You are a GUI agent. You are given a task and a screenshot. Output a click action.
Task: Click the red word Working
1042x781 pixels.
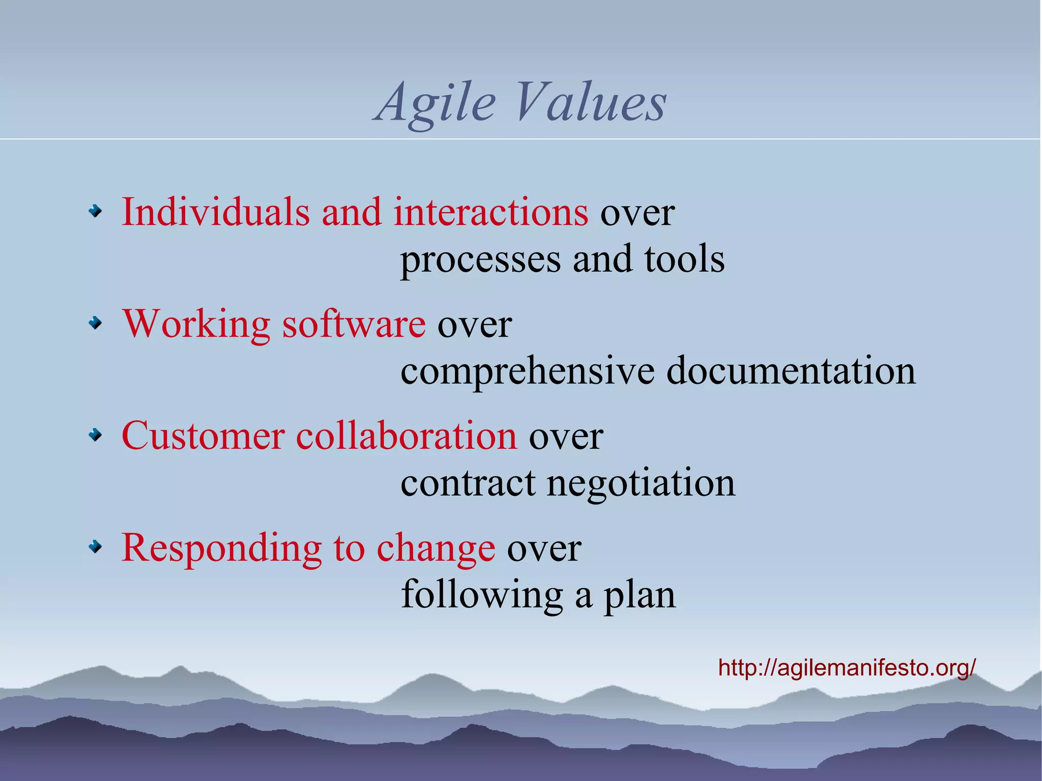[196, 324]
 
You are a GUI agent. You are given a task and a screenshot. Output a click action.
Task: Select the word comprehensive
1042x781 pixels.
[527, 372]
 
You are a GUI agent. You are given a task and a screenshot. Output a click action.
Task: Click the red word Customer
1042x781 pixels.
[203, 436]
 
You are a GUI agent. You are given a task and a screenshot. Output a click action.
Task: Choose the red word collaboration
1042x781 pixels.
[407, 436]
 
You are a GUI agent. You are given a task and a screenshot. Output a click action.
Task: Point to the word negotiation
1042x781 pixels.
[641, 483]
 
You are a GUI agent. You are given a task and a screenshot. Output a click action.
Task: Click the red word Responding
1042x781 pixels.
[221, 548]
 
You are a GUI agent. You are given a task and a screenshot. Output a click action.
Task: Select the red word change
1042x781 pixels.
[436, 548]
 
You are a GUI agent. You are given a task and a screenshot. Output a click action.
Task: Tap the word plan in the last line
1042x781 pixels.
[639, 595]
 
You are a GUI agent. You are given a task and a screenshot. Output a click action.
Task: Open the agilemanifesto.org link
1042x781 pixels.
[847, 667]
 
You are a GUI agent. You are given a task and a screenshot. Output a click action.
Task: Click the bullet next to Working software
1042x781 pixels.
[95, 323]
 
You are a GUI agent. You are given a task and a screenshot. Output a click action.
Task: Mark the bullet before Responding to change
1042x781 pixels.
[95, 547]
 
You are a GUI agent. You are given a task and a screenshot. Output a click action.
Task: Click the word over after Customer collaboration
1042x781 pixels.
[566, 437]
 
